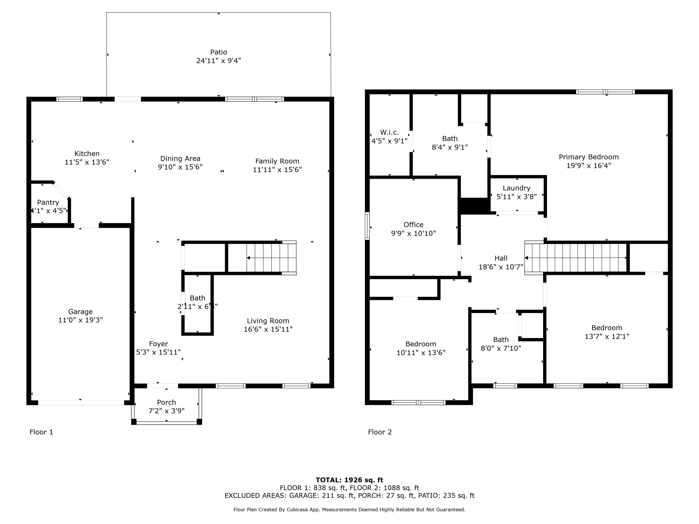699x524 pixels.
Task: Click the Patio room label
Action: pos(219,52)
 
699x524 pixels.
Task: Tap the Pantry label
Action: pos(48,202)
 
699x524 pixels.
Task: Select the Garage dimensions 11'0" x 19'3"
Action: pos(81,320)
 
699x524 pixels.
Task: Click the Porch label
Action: pos(167,402)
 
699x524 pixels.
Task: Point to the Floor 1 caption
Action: pos(41,432)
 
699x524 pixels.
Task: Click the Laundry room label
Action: pos(517,188)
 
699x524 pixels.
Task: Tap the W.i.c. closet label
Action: pos(389,132)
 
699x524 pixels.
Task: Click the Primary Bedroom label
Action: pos(589,157)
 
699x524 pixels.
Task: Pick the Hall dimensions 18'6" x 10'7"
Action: pos(501,267)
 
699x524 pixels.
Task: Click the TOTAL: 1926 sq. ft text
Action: pos(349,480)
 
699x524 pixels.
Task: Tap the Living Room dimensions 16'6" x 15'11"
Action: pos(268,329)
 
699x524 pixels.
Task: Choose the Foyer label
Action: pos(159,344)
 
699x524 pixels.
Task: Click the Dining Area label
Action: pos(180,159)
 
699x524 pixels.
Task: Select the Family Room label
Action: pos(277,161)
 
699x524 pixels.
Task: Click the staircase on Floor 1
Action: pos(271,258)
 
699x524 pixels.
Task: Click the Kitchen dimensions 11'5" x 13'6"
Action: pos(87,162)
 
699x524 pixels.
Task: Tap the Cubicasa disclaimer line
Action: pos(349,509)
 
